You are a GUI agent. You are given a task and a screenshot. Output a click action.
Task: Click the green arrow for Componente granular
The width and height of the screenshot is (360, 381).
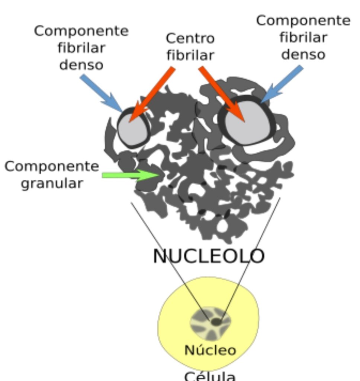pyautogui.click(x=131, y=175)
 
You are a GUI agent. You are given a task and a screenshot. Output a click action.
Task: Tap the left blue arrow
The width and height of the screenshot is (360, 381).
pyautogui.click(x=101, y=93)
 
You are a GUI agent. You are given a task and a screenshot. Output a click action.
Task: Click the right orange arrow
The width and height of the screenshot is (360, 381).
pyautogui.click(x=222, y=94)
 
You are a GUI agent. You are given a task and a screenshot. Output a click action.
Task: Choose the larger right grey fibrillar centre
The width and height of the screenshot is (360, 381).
pyautogui.click(x=247, y=121)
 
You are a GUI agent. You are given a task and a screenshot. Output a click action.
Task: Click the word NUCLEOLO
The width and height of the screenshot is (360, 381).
pyautogui.click(x=209, y=256)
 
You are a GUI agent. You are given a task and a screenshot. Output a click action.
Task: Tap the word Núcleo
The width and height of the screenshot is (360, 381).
pyautogui.click(x=210, y=350)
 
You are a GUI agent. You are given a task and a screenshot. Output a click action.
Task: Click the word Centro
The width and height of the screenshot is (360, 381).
pyautogui.click(x=190, y=39)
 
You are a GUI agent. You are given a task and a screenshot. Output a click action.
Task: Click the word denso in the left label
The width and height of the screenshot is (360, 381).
pyautogui.click(x=81, y=65)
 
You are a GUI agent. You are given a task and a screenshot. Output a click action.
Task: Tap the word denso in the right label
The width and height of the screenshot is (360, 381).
pyautogui.click(x=303, y=54)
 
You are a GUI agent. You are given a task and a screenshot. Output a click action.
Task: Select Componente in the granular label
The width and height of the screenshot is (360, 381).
pyautogui.click(x=52, y=167)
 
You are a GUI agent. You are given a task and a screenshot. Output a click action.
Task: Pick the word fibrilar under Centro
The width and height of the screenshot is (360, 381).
pyautogui.click(x=190, y=55)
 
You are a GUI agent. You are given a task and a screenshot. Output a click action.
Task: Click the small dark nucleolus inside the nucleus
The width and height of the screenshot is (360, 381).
pyautogui.click(x=216, y=322)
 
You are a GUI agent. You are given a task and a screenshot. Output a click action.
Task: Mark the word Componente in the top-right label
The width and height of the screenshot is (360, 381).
pyautogui.click(x=303, y=21)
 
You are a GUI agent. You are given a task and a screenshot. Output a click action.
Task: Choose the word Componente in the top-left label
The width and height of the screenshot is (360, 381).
pyautogui.click(x=81, y=31)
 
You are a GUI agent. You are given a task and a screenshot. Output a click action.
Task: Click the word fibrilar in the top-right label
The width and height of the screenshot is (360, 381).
pyautogui.click(x=303, y=38)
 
